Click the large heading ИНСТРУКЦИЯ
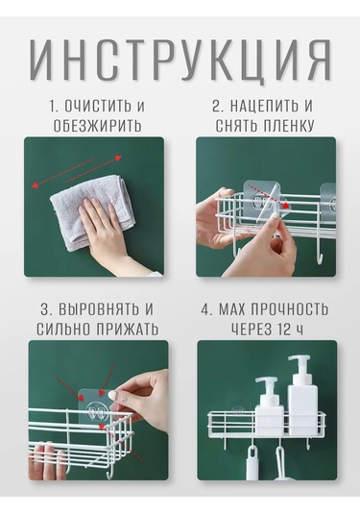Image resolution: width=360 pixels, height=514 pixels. [x=180, y=61]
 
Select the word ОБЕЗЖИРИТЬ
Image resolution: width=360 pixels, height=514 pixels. [x=97, y=126]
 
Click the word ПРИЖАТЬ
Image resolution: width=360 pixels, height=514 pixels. [x=128, y=330]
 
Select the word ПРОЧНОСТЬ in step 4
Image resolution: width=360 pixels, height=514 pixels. [x=289, y=309]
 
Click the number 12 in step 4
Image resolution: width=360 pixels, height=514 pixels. [x=283, y=330]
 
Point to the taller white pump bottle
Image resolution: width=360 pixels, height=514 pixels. [x=302, y=395]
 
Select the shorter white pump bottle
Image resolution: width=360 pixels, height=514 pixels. [x=269, y=406]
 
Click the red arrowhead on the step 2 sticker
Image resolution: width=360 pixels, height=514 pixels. [x=287, y=206]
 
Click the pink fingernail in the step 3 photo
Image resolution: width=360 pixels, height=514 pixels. [x=112, y=395]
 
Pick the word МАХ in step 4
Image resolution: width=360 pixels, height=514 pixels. [x=232, y=309]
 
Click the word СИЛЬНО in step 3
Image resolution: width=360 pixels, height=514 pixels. [x=64, y=330]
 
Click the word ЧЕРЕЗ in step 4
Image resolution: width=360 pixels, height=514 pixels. [x=252, y=330]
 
